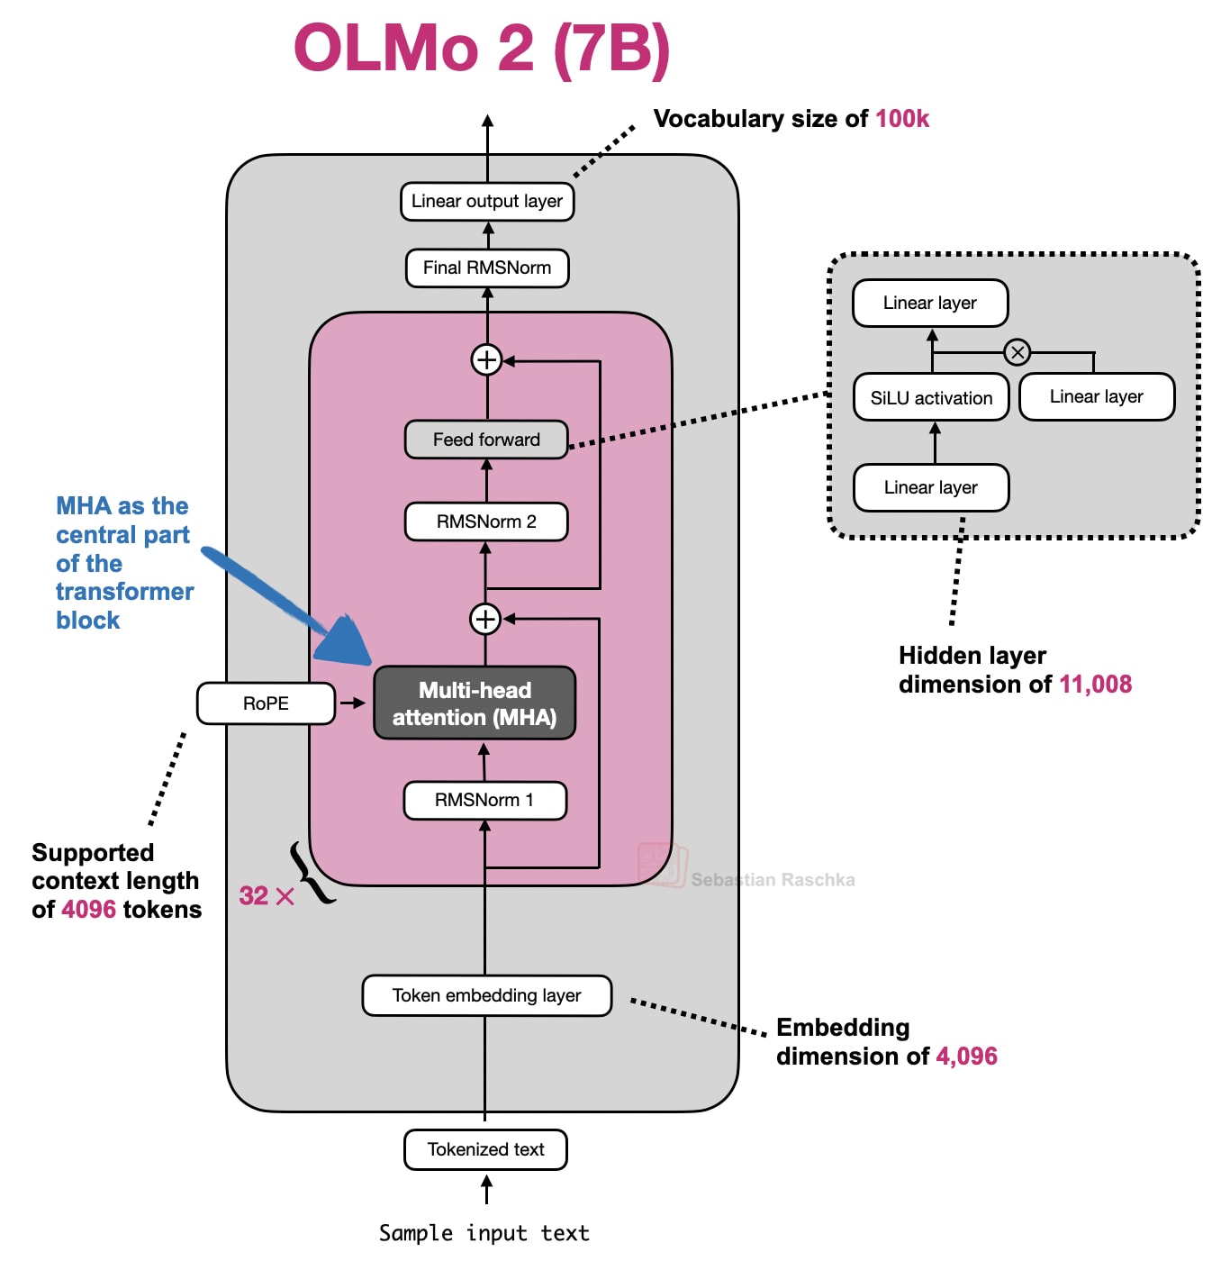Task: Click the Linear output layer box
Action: coord(486,201)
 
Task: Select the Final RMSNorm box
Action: coord(486,268)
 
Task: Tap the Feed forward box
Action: coord(486,440)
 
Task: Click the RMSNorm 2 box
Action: coord(486,522)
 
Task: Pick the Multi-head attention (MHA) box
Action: coord(475,703)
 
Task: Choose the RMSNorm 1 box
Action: coord(484,800)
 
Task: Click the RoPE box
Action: coord(266,703)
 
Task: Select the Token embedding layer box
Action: coord(486,995)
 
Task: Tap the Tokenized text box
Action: coord(485,1149)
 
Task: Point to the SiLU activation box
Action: coord(931,397)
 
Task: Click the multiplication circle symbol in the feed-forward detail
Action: coord(1017,352)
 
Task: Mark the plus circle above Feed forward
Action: coord(486,359)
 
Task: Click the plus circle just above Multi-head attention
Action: coord(485,619)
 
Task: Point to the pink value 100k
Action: coord(902,119)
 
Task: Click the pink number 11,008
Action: coord(1095,685)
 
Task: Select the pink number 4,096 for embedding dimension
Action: coord(966,1056)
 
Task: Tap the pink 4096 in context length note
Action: coord(88,910)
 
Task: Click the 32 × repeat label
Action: coord(267,896)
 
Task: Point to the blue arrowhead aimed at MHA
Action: coord(347,640)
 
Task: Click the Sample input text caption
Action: coord(484,1233)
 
